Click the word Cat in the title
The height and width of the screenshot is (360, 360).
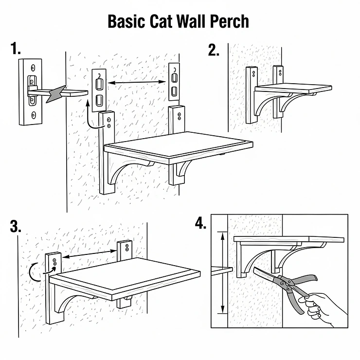coord(161,22)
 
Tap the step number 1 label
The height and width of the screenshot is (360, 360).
coord(16,49)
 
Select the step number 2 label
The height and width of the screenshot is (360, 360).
coord(214,49)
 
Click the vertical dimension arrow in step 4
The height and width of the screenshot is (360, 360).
coord(222,272)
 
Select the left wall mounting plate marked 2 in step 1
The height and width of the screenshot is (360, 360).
coord(99,88)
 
